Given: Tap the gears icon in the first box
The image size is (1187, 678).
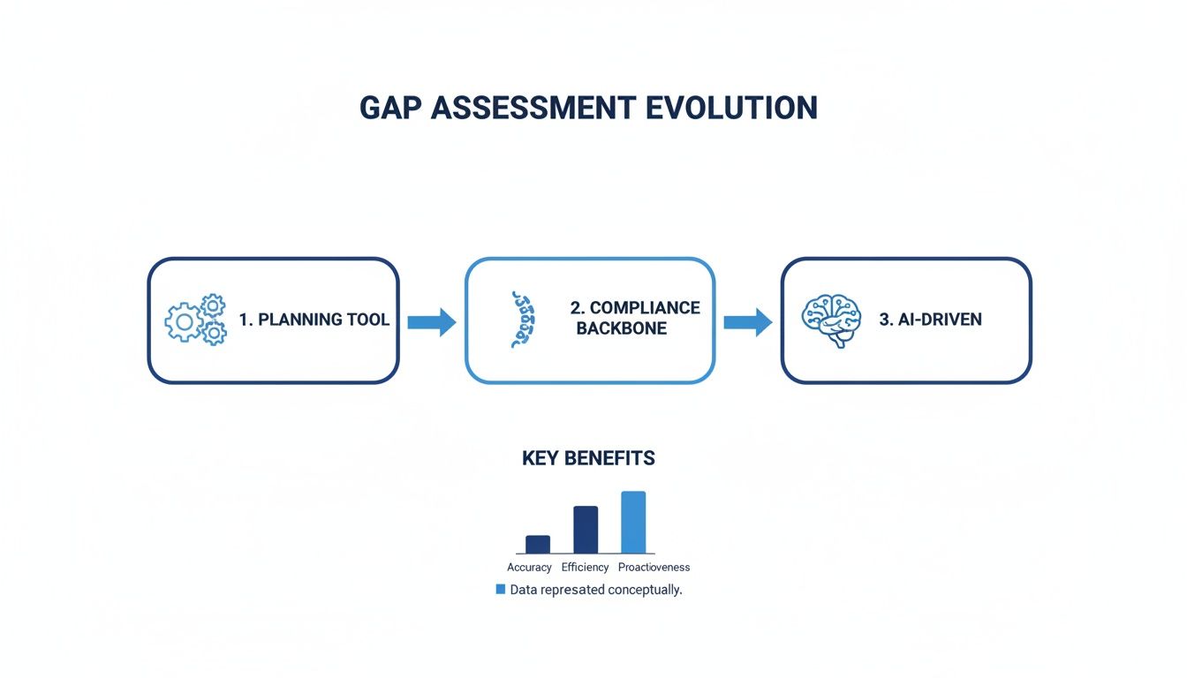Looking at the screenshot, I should (x=195, y=320).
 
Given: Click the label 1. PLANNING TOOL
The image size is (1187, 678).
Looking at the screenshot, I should (x=314, y=320).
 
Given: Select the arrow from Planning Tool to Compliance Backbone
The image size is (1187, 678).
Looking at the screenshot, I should (x=431, y=322).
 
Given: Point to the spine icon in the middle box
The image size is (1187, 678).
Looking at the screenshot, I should (x=521, y=320).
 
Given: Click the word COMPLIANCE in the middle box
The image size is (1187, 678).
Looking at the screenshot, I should (x=635, y=307).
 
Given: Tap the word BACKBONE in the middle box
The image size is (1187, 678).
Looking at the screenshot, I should (x=622, y=328).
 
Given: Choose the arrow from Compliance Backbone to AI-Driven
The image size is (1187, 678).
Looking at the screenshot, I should (x=747, y=322).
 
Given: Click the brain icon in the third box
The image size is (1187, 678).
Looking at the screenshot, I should (x=830, y=320).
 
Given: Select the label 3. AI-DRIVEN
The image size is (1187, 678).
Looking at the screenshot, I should (x=930, y=320).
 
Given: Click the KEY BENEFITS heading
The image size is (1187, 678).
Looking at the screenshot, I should (x=588, y=458).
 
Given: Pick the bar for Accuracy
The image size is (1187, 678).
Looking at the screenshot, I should (x=538, y=544).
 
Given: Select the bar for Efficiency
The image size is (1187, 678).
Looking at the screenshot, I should (x=586, y=530).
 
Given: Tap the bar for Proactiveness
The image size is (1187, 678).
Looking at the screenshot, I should (x=633, y=522).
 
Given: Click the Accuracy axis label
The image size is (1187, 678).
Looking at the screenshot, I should (x=529, y=568).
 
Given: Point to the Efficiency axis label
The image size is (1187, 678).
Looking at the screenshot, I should (x=585, y=568).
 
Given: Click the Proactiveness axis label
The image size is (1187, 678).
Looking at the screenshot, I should (x=654, y=568).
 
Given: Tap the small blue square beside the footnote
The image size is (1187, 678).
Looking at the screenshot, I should (x=501, y=589).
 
